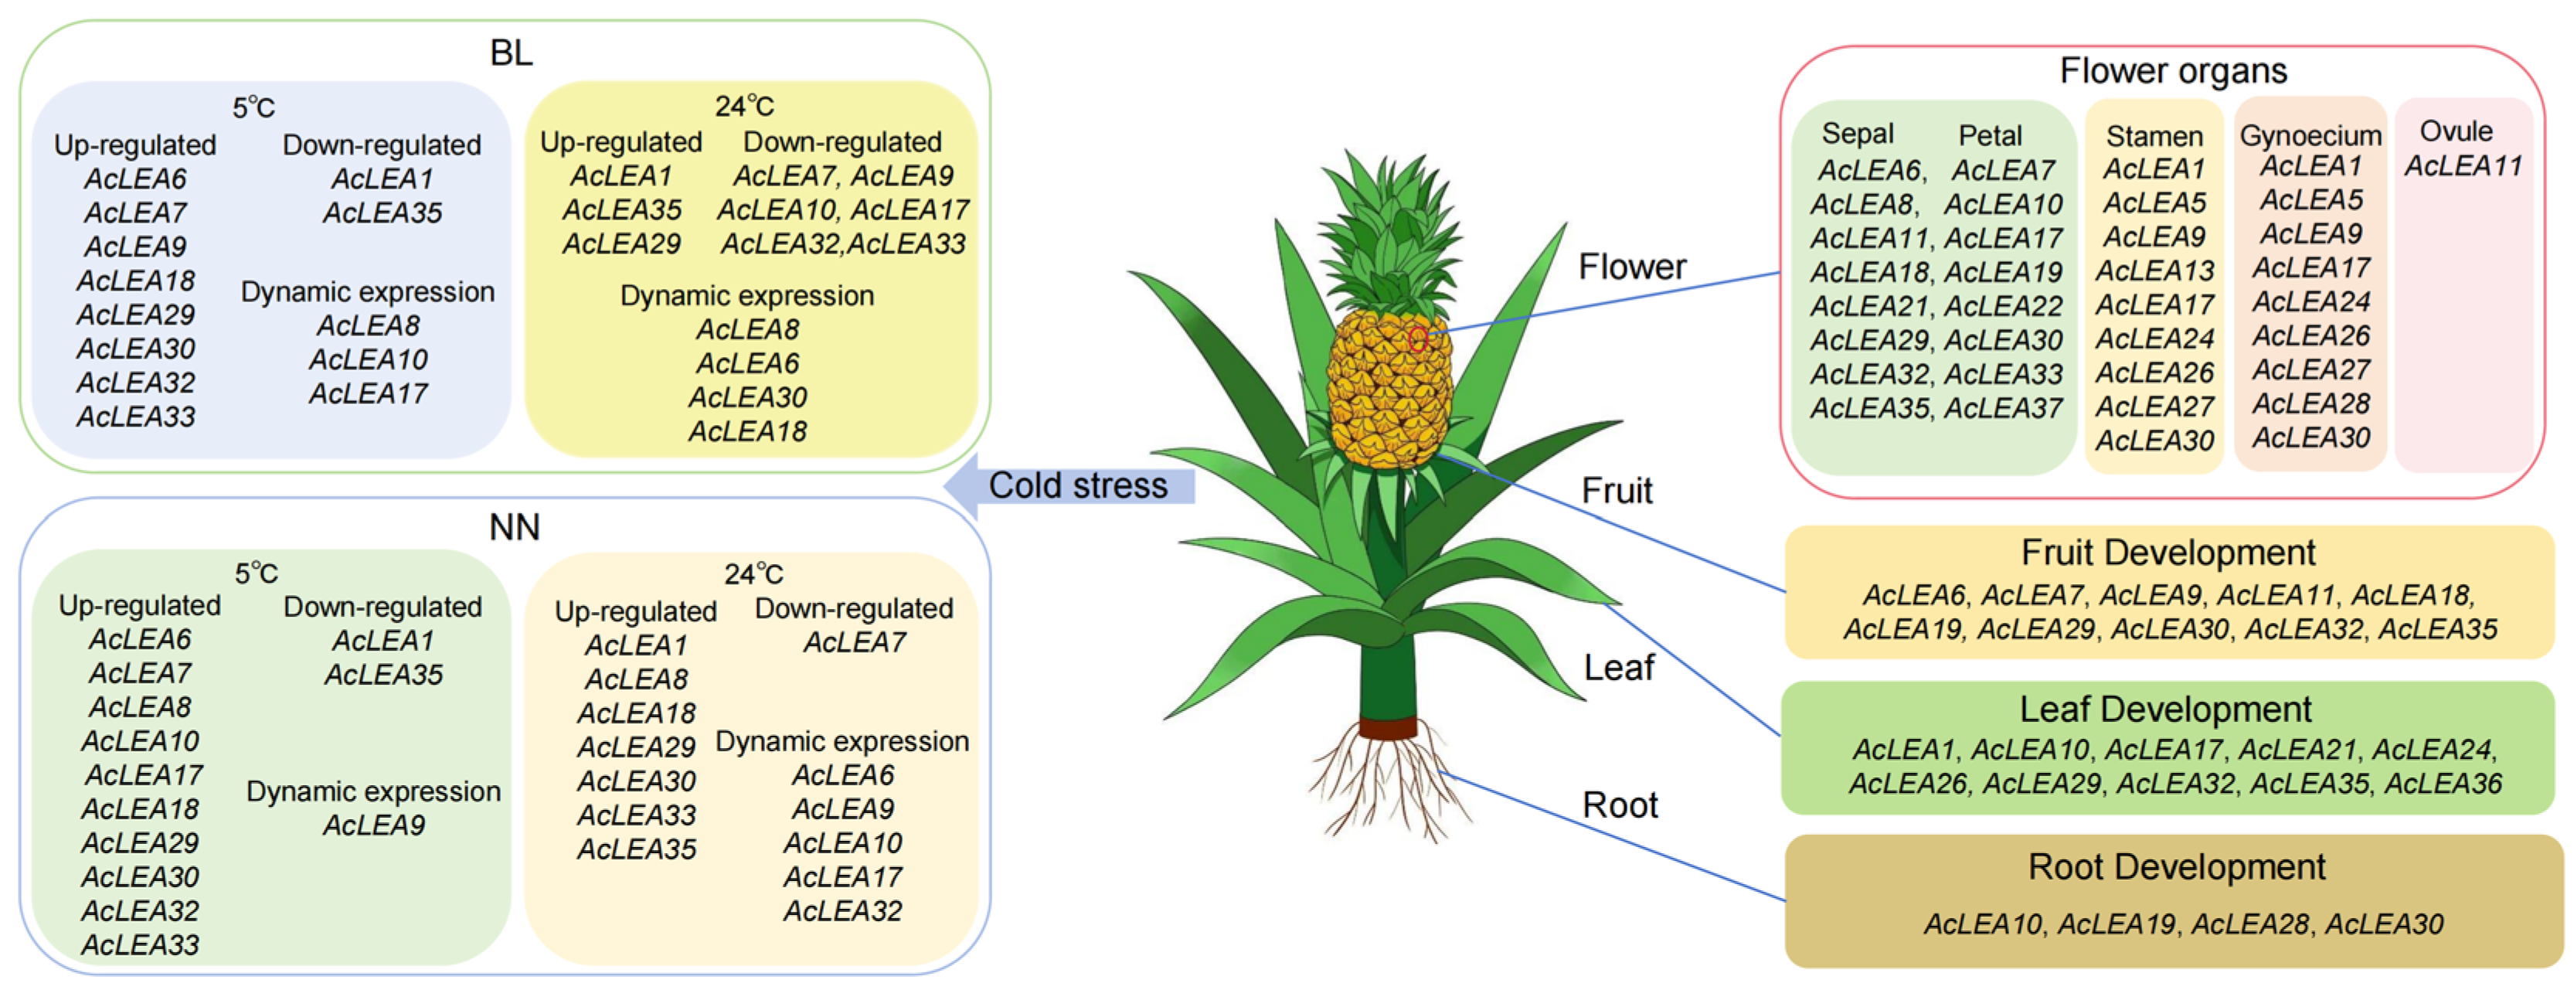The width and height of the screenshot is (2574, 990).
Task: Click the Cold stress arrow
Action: point(1074,485)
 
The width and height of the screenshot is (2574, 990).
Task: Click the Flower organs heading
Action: point(2172,71)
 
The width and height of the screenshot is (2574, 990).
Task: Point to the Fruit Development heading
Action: point(2168,553)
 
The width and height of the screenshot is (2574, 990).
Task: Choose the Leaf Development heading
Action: point(2165,709)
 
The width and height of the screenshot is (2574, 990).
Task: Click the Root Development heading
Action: point(2175,867)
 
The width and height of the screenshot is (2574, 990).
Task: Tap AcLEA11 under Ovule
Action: point(2462,166)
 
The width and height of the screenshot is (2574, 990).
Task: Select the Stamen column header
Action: point(2154,136)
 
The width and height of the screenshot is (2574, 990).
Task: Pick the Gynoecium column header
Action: point(2310,135)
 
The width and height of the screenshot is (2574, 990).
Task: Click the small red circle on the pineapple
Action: point(1417,339)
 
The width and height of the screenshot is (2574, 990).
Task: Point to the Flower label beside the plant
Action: point(1632,267)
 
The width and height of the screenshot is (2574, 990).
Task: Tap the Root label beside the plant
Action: point(1619,805)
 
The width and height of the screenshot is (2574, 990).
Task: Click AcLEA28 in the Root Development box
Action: point(2249,924)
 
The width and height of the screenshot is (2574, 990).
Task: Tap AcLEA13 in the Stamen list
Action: point(2154,270)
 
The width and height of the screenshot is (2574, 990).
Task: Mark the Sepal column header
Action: point(1857,134)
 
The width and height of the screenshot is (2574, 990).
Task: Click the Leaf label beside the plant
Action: point(1618,667)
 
